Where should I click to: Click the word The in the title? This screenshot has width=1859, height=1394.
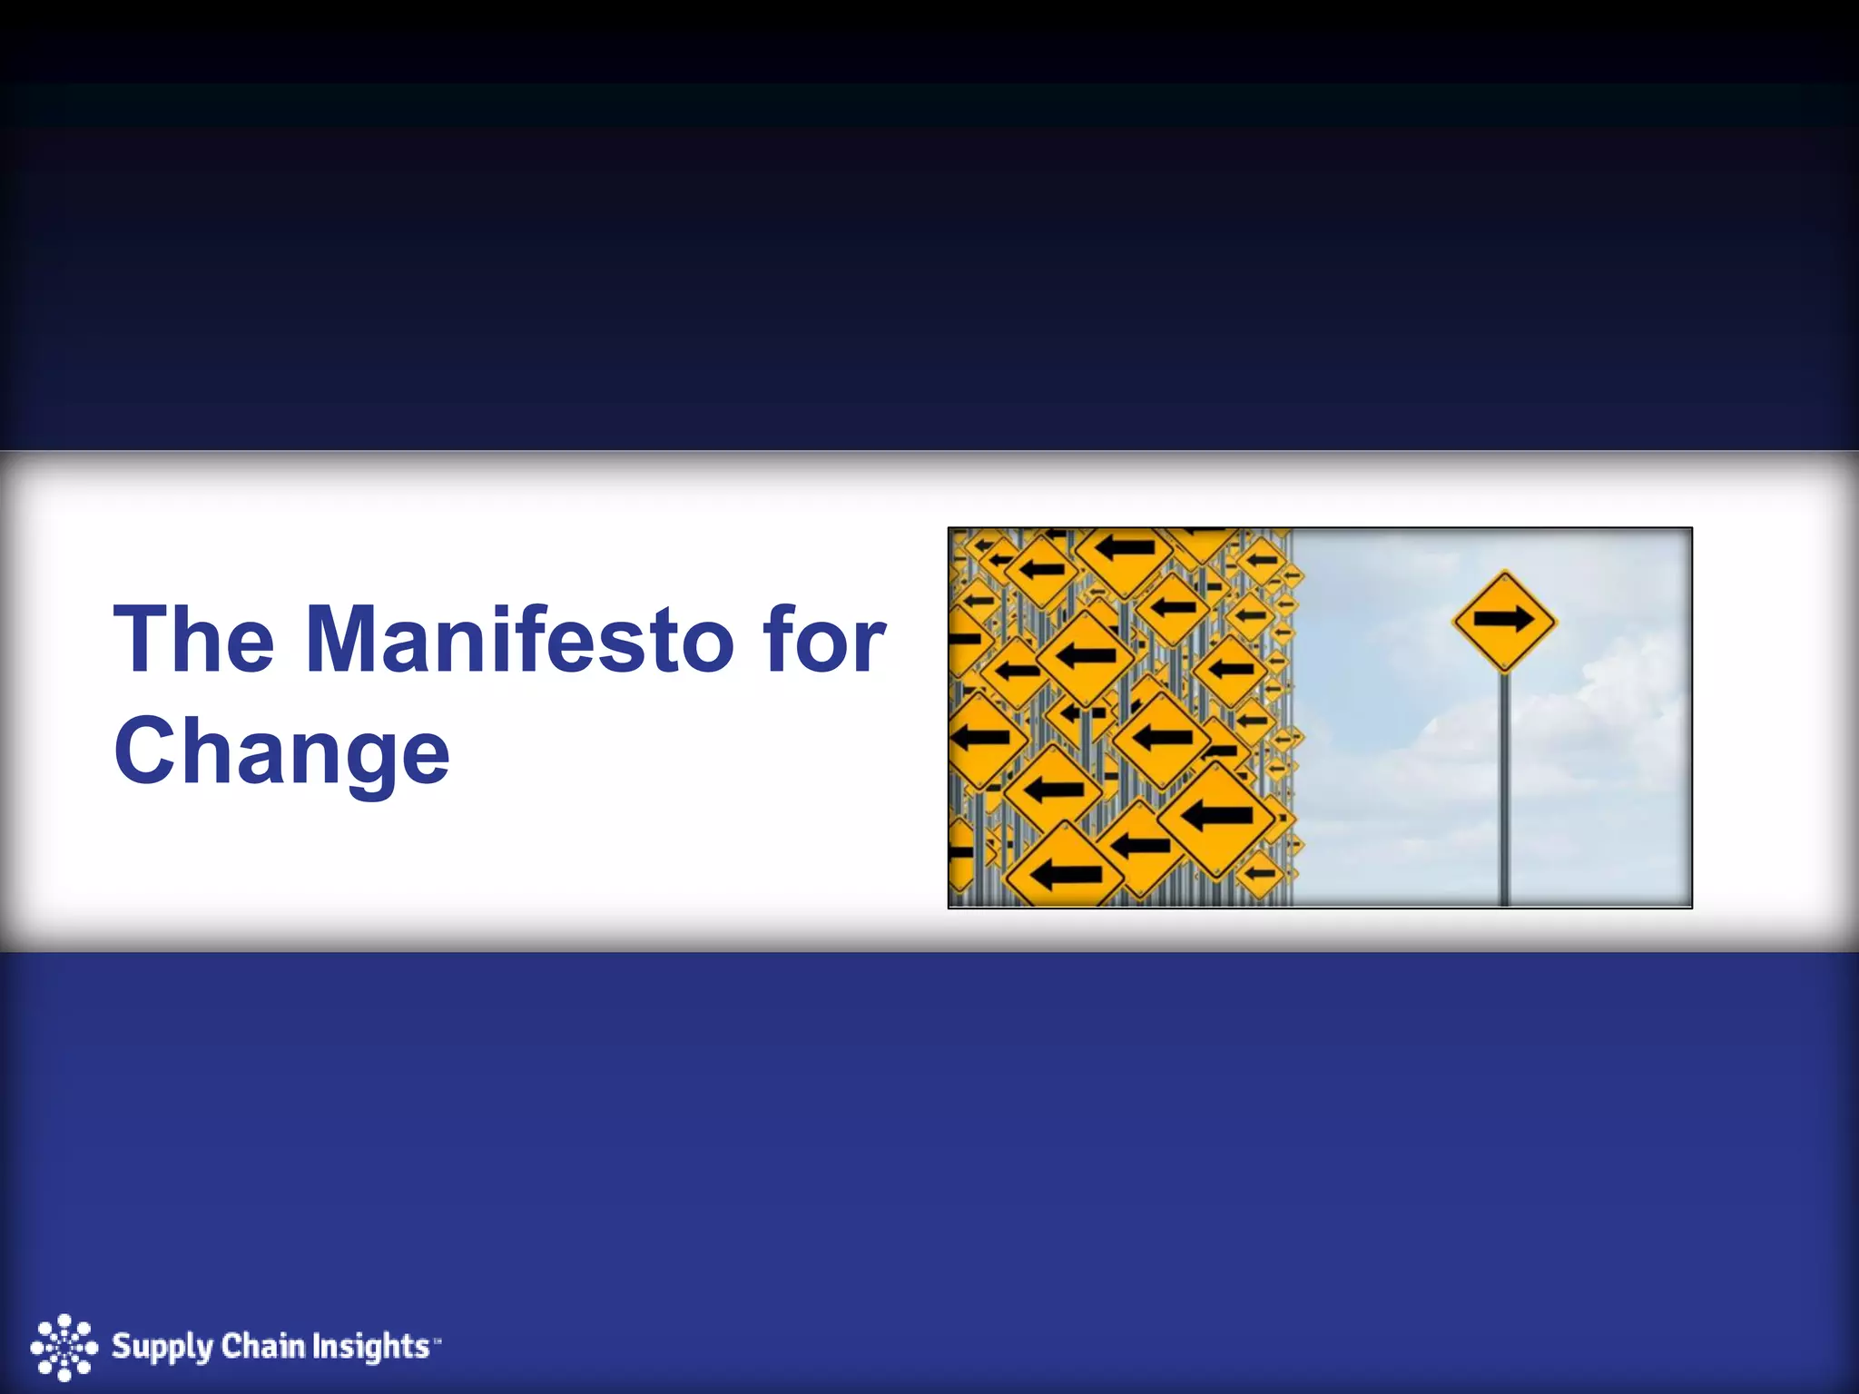[194, 640]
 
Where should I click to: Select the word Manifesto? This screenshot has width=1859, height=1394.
[519, 640]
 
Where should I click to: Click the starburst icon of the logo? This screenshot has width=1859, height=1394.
[64, 1347]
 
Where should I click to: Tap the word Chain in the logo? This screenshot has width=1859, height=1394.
[262, 1345]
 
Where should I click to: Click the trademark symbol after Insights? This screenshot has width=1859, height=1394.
[437, 1338]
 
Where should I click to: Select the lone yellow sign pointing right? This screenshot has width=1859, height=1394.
[1504, 621]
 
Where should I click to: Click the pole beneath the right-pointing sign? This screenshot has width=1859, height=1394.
[1504, 790]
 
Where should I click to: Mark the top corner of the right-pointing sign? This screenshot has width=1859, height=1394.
[1504, 573]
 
